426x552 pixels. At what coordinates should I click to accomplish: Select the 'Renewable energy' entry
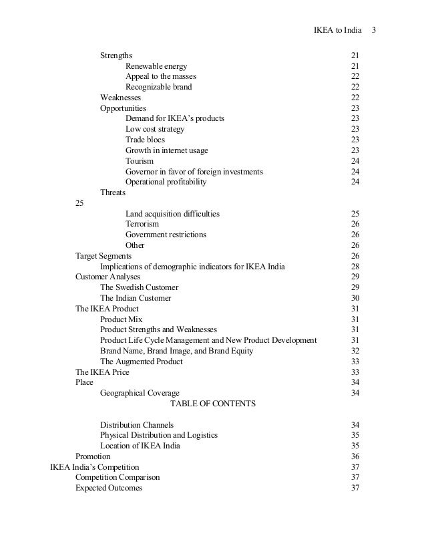coord(156,66)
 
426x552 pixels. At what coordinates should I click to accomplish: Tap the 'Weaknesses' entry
coord(120,98)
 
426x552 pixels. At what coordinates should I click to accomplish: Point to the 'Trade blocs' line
coord(145,140)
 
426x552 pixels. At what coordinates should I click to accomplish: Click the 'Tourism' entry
coord(140,161)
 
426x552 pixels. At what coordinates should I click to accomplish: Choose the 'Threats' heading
coord(113,192)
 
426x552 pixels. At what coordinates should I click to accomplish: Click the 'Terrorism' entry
coord(142,225)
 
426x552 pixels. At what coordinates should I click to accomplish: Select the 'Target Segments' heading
coord(103,256)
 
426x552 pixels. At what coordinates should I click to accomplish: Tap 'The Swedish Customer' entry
coord(140,287)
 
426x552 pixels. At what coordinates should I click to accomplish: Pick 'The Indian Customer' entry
coord(136,298)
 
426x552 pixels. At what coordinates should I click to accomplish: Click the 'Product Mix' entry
coord(122,319)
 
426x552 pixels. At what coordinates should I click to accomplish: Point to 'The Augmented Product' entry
coord(142,362)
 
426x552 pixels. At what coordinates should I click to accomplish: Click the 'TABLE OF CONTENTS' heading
coord(213,404)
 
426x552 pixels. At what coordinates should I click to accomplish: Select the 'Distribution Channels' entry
coord(137,425)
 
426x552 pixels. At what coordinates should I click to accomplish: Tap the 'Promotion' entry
coord(93,456)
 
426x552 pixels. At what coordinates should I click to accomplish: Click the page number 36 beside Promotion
coord(355,456)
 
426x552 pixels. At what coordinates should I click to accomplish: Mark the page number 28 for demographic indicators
coord(355,267)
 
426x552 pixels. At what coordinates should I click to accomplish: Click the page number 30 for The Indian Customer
coord(355,298)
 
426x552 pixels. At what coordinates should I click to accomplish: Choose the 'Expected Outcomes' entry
coord(109,488)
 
